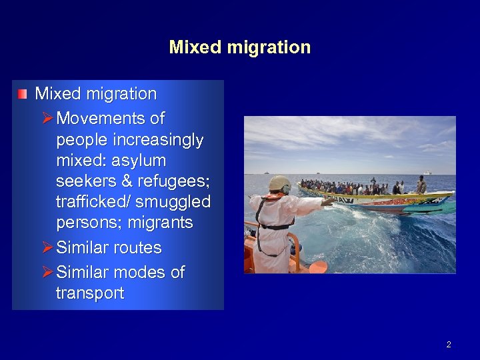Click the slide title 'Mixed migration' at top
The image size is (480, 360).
click(240, 47)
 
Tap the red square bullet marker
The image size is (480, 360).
click(23, 94)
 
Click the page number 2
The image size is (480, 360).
click(449, 345)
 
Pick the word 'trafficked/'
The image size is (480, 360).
click(90, 202)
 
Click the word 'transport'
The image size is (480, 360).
click(90, 293)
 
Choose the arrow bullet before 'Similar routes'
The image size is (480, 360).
click(46, 247)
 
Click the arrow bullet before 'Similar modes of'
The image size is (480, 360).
click(46, 272)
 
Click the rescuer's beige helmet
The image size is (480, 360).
click(279, 183)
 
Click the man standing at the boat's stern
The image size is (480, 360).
click(421, 185)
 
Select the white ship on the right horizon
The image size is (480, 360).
click(427, 173)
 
